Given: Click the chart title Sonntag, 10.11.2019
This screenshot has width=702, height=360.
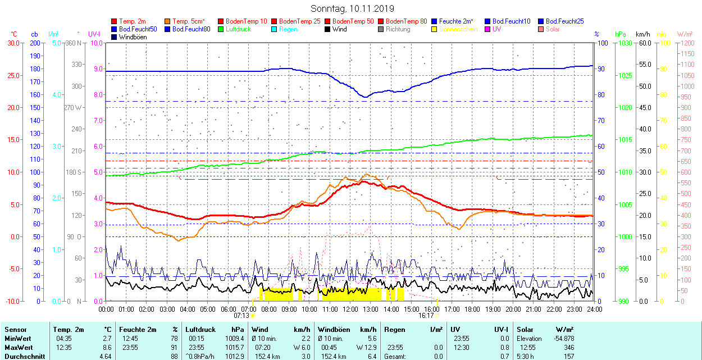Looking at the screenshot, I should [352, 9].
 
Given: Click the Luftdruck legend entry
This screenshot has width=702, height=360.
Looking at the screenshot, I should [238, 29].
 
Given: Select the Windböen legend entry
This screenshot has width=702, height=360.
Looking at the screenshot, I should [132, 37].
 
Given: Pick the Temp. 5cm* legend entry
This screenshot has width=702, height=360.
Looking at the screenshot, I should [188, 21].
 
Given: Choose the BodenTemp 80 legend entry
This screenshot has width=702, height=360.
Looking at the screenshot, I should [407, 21].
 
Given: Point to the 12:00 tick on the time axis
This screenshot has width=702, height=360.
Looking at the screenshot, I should [350, 309].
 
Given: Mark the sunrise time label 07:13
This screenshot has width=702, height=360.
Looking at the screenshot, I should [241, 316].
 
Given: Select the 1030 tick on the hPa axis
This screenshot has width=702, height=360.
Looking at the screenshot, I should [622, 43].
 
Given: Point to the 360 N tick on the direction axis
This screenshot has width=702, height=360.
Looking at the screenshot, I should [73, 43].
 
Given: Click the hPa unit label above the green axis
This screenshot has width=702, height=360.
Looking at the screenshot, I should [621, 34].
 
